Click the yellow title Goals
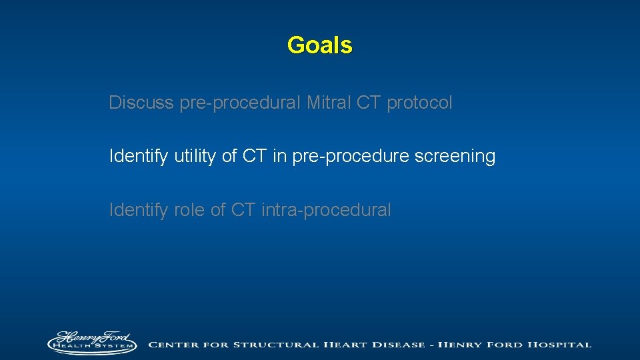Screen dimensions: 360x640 pyautogui.click(x=319, y=45)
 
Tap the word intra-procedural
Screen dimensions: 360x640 pyautogui.click(x=326, y=210)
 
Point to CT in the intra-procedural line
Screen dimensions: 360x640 pyautogui.click(x=243, y=210)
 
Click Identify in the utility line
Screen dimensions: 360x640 pyautogui.click(x=139, y=157)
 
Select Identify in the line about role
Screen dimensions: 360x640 pyautogui.click(x=139, y=210)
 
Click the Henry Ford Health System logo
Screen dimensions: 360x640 pyautogui.click(x=92, y=342)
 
